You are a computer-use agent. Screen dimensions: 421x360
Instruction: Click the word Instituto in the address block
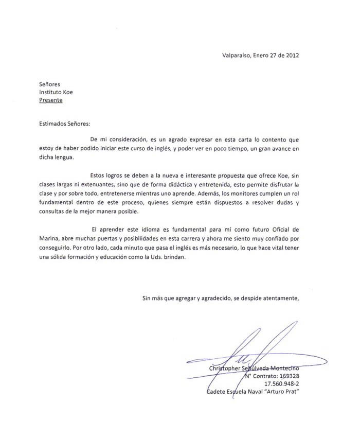[x=52, y=92]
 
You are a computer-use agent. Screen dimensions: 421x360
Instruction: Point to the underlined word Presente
[x=51, y=100]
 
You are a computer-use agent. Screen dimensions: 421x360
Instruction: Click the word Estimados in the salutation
[x=54, y=124]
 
